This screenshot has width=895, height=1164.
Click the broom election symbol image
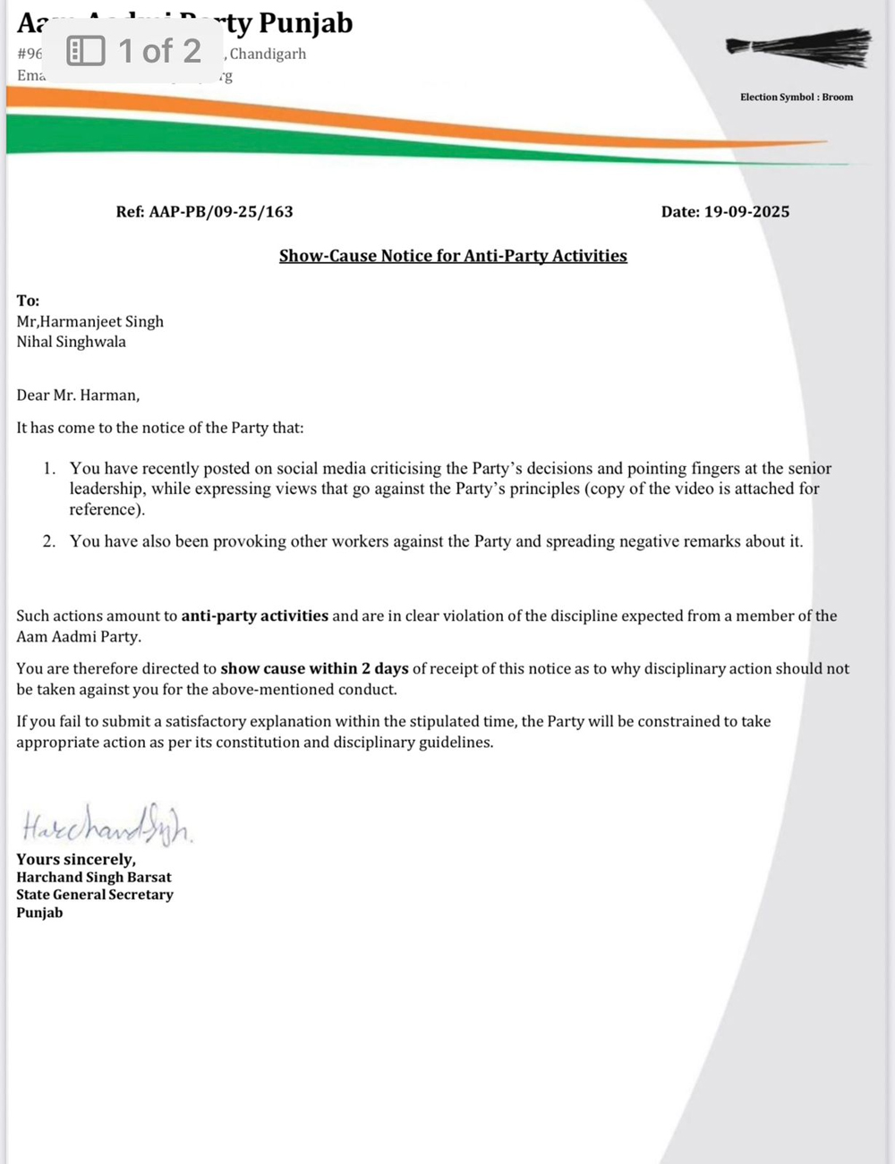coord(798,47)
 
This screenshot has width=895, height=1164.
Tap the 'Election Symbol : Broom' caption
coord(797,97)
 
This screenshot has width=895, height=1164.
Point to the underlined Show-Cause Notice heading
coord(453,256)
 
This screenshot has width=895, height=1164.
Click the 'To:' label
coord(28,301)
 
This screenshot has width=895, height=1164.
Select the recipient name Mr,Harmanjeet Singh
coord(89,321)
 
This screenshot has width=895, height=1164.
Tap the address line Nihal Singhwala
coord(71,342)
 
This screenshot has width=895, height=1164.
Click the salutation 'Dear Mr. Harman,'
coord(78,395)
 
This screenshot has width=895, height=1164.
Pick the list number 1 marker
coord(49,469)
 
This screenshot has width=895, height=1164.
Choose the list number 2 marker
coord(49,541)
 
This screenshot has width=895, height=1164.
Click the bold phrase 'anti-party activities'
coord(254,616)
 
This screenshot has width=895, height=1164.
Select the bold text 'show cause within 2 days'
coord(314,668)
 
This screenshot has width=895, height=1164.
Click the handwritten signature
coord(106,825)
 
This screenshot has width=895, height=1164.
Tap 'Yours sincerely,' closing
coord(76,859)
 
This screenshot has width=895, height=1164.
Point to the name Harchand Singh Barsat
coord(94,877)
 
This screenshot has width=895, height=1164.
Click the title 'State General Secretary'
coord(95,895)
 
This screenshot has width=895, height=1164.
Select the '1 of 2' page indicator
coord(159,51)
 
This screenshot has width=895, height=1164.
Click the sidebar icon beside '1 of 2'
coord(86,51)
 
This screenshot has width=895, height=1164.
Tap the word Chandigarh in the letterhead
coord(268,54)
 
